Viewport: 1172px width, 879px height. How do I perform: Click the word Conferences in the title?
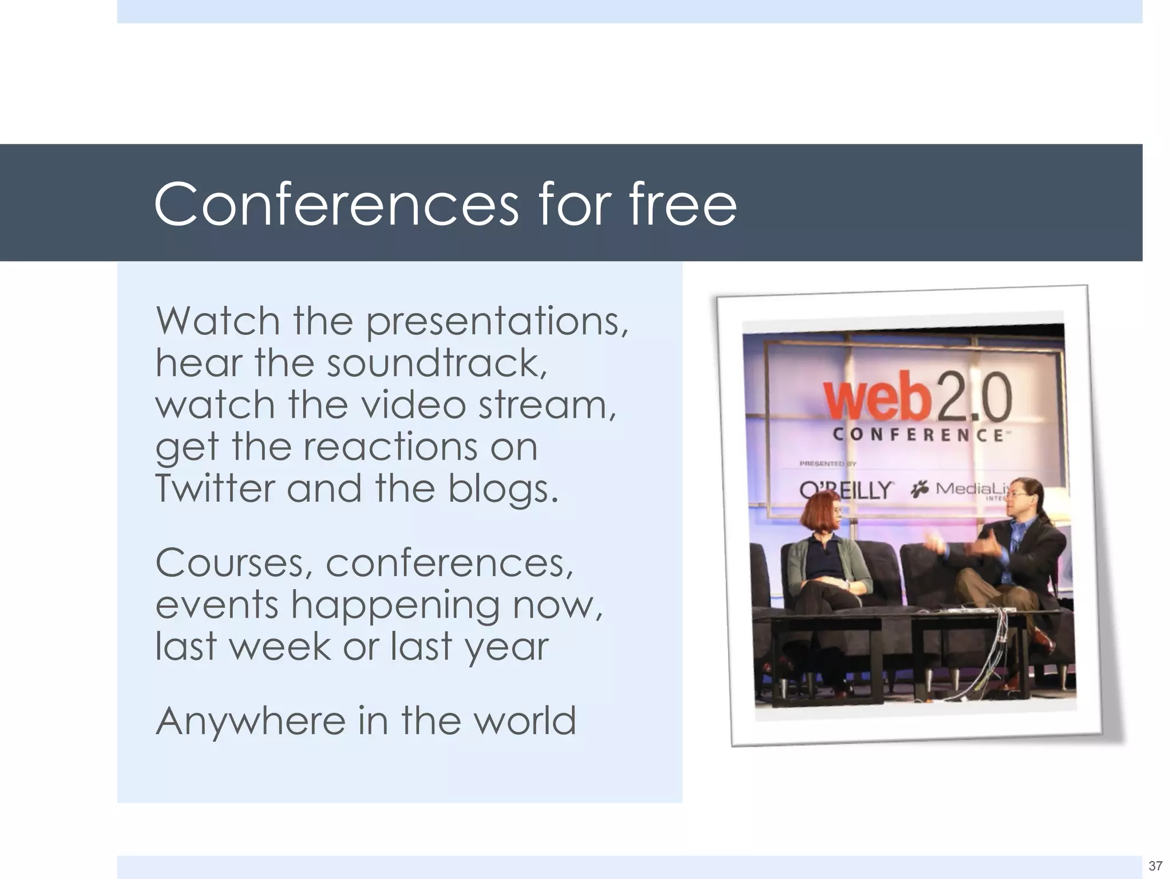[x=336, y=204]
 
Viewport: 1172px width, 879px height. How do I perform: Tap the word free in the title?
[x=683, y=204]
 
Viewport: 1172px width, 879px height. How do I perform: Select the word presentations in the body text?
[x=497, y=322]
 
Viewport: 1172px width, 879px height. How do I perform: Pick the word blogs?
[x=501, y=489]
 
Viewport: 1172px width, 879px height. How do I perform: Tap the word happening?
[x=395, y=605]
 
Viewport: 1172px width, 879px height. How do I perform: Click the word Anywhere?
[x=250, y=720]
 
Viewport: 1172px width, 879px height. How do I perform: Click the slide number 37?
[x=1155, y=866]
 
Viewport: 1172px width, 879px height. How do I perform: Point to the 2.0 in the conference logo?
[x=973, y=394]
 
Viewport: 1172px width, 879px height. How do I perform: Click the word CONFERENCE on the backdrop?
[x=917, y=435]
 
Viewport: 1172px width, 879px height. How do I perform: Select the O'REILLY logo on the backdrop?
[x=845, y=490]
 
